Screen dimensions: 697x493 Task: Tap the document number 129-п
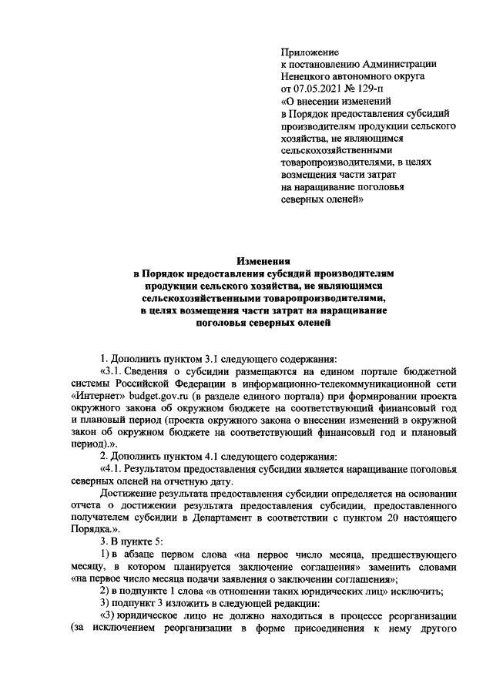coord(375,89)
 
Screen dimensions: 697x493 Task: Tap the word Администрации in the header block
coord(394,64)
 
